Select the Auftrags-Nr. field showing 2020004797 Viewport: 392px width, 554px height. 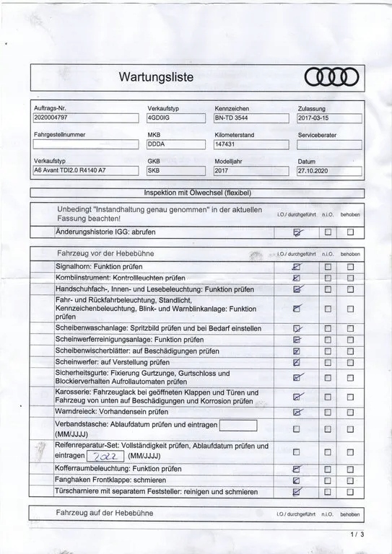click(84, 118)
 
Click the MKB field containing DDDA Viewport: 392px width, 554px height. click(178, 144)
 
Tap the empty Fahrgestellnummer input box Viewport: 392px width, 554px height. click(84, 144)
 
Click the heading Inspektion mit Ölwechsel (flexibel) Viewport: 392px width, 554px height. click(196, 193)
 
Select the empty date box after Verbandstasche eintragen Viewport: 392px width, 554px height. click(238, 424)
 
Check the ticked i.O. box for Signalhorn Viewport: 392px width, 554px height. click(296, 267)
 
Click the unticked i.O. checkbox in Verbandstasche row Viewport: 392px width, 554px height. click(296, 430)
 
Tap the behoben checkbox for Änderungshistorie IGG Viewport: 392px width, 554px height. click(351, 232)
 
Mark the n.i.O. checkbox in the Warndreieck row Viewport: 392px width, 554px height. click(327, 412)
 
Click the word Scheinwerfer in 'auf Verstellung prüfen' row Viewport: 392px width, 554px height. click(77, 361)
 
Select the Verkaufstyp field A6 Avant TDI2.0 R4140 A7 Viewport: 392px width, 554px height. click(84, 171)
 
